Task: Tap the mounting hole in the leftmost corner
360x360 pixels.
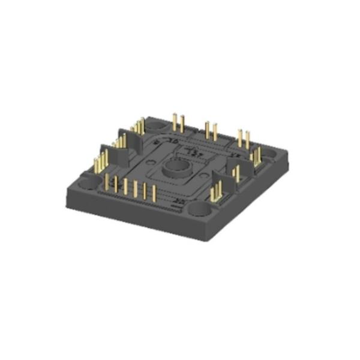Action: pos(88,181)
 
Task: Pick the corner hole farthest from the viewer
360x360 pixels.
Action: pos(156,127)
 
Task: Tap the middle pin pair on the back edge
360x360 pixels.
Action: pos(211,131)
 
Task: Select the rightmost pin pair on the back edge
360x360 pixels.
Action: pos(243,139)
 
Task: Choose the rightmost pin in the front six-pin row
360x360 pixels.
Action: pos(154,194)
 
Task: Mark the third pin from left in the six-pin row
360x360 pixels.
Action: pos(125,187)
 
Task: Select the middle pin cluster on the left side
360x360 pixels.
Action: pos(121,142)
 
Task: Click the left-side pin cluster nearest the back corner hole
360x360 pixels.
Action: pos(139,127)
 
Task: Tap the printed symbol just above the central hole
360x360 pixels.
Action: pos(191,149)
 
